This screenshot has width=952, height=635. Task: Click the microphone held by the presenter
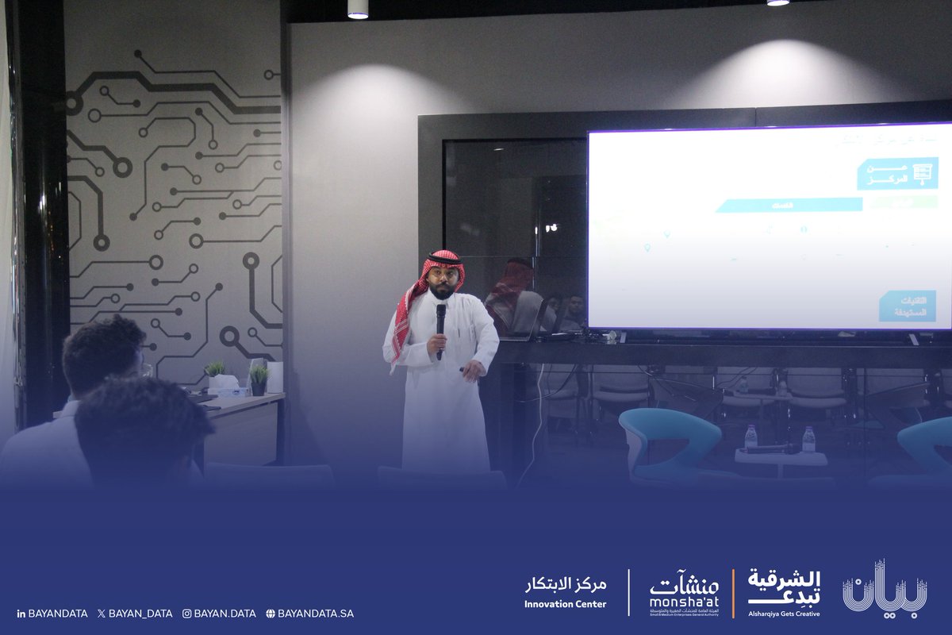[440, 317]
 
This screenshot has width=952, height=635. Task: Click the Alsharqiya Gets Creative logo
[784, 591]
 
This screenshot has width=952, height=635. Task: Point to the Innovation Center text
[565, 593]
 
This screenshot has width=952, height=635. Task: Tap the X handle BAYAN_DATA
[134, 614]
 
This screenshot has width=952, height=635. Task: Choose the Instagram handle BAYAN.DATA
[219, 614]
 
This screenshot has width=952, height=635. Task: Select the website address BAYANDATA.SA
[310, 614]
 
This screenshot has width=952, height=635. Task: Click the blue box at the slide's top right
[897, 174]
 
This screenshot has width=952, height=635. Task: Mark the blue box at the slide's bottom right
[907, 306]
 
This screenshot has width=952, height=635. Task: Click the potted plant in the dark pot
[259, 380]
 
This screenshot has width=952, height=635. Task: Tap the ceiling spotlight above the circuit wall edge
[358, 9]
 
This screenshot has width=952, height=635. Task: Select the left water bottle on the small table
[750, 437]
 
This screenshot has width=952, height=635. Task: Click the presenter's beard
[443, 292]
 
